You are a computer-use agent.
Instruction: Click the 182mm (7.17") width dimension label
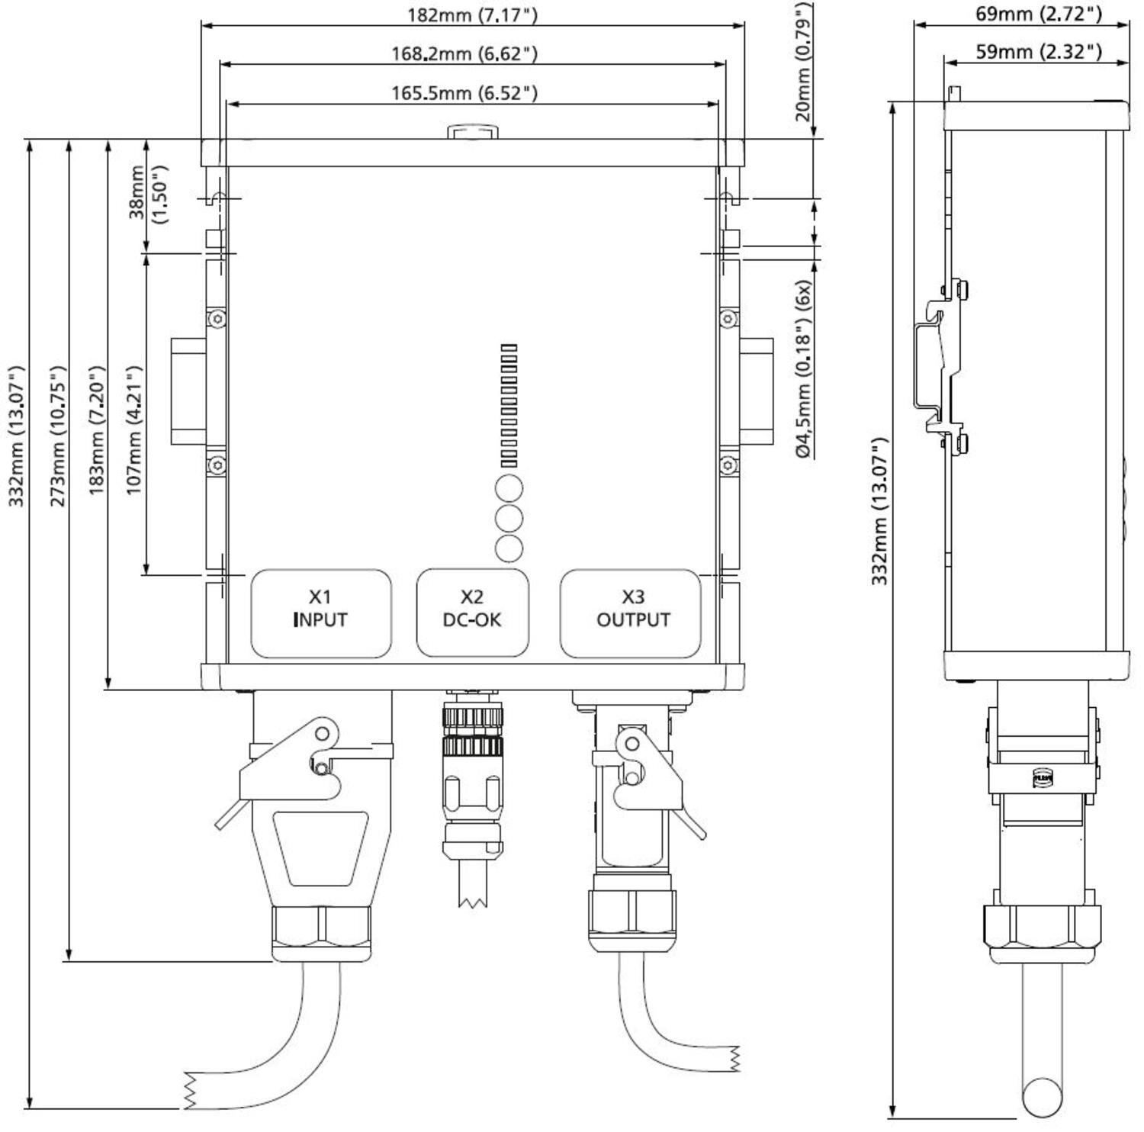(472, 15)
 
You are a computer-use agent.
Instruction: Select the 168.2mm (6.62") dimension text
(464, 54)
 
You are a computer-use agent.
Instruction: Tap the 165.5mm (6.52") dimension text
(464, 93)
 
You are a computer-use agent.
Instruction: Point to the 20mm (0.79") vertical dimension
(802, 63)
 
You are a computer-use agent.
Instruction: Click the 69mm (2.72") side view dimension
(1038, 14)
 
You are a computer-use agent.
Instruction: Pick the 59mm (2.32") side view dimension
(1038, 52)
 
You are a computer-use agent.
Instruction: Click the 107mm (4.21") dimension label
(134, 430)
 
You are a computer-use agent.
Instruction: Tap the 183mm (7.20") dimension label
(96, 430)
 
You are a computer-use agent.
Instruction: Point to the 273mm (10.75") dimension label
(57, 436)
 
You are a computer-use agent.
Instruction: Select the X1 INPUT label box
(321, 613)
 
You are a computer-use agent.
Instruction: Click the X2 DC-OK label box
(472, 613)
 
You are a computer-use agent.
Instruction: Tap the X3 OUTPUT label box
(631, 613)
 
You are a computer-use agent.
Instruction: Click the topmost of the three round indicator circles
(509, 488)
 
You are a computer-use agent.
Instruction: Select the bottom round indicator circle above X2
(509, 548)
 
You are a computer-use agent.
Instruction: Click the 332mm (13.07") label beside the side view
(879, 511)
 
